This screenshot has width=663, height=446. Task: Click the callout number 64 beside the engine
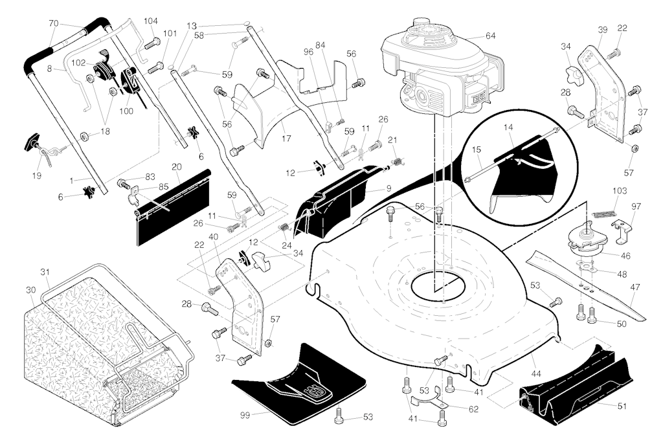[x=490, y=36]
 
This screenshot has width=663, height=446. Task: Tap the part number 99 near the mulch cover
[x=245, y=415]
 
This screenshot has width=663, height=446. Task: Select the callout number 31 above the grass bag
[x=45, y=273]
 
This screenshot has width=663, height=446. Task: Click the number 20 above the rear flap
[x=176, y=167]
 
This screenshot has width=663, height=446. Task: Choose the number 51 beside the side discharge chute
[x=622, y=407]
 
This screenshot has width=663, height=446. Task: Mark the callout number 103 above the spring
[x=620, y=191]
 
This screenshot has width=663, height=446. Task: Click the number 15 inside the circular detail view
[x=477, y=150]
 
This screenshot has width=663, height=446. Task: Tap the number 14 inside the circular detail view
[x=508, y=127]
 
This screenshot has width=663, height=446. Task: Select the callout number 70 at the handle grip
[x=54, y=24]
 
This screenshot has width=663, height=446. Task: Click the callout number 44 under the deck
[x=535, y=374]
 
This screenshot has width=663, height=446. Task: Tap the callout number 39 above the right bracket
[x=603, y=30]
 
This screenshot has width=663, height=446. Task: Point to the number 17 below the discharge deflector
[x=286, y=139]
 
